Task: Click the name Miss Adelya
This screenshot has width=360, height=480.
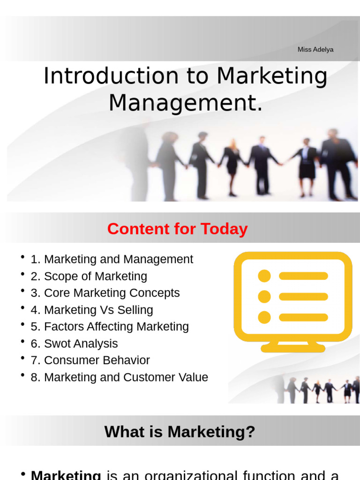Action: tap(315, 50)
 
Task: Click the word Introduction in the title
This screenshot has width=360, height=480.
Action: tap(111, 76)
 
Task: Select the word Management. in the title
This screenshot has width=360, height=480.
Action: tap(186, 103)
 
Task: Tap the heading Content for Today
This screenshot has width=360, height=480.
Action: tap(177, 229)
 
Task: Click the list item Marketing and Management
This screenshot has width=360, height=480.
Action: tap(118, 259)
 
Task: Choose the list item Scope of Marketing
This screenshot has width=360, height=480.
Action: tap(95, 276)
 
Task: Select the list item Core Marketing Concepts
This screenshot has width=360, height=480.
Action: tap(112, 293)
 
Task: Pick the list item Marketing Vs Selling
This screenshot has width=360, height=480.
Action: tap(98, 310)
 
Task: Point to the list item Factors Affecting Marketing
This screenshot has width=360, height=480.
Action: tap(116, 327)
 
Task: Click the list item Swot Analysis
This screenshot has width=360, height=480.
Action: tap(81, 344)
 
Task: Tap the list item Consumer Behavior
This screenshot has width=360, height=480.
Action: tap(97, 360)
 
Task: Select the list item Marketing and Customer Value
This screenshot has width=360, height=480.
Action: tap(126, 377)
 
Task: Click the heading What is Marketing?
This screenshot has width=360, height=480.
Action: tap(180, 431)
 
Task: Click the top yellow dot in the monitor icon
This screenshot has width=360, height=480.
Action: tap(264, 276)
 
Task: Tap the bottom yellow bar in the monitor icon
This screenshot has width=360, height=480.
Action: tap(303, 317)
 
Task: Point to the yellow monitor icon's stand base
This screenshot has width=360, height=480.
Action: tap(293, 348)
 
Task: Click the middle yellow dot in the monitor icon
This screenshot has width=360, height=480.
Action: tap(264, 296)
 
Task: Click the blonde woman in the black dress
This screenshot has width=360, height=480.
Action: tap(232, 166)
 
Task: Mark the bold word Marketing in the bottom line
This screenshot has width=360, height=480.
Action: tap(66, 475)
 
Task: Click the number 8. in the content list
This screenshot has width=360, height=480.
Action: tap(36, 377)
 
